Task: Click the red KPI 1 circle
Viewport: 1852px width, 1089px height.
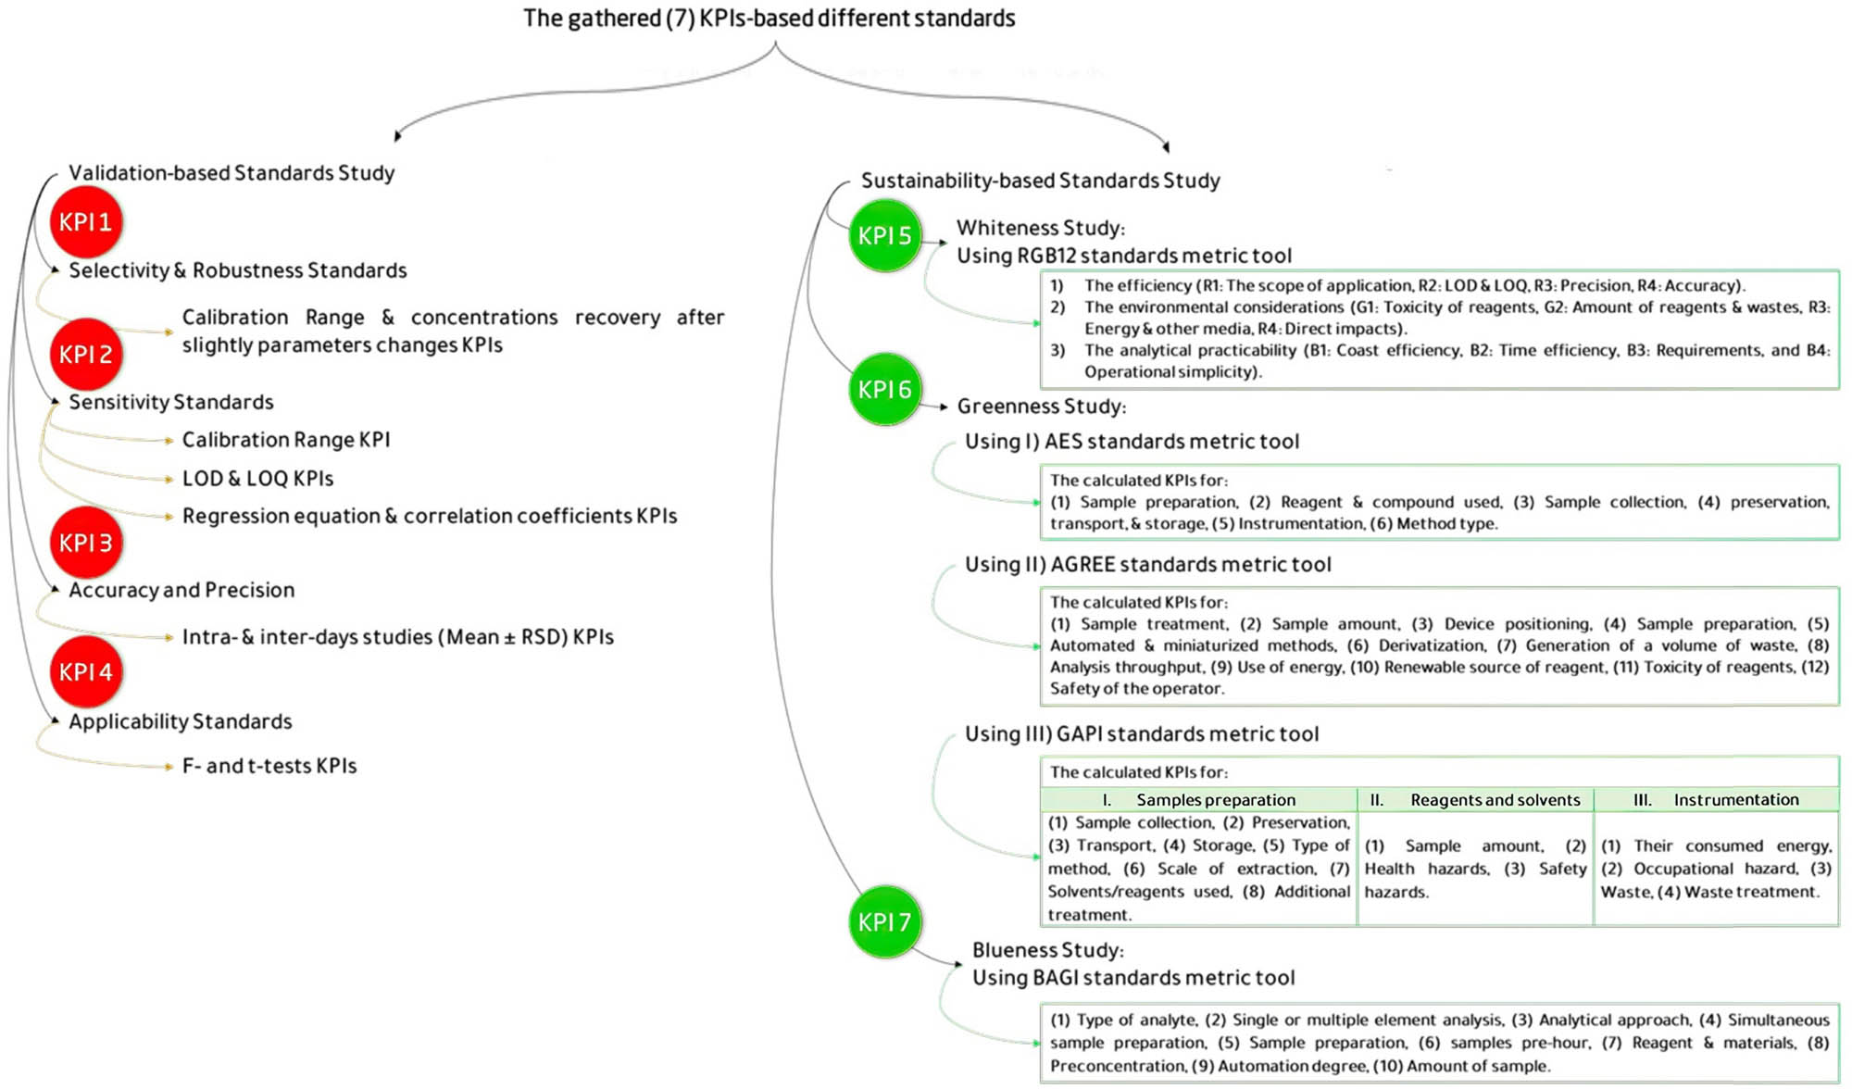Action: pos(86,222)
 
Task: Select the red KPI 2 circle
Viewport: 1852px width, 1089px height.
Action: pos(86,354)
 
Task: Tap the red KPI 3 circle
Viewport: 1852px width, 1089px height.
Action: pos(86,543)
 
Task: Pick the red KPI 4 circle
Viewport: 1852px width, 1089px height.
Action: pos(86,671)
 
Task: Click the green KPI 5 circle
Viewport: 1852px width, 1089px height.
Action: pos(884,236)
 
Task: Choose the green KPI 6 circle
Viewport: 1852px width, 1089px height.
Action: pos(884,390)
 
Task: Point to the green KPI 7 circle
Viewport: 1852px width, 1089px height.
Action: pos(884,922)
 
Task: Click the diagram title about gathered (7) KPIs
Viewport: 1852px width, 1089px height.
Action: pos(769,19)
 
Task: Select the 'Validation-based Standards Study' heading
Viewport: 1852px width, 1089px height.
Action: pos(231,173)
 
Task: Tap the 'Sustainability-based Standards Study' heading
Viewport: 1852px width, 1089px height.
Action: pos(1040,181)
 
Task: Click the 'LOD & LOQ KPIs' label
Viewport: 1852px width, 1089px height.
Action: pos(257,479)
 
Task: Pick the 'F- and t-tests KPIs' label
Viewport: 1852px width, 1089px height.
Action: pos(269,766)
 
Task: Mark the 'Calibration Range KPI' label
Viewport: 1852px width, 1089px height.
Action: pos(285,440)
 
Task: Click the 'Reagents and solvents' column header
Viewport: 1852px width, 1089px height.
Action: pos(1495,800)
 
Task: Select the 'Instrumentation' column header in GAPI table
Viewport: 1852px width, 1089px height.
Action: pos(1735,800)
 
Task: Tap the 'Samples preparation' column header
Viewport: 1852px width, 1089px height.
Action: pos(1215,800)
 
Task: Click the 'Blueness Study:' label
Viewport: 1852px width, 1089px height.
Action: pos(1047,950)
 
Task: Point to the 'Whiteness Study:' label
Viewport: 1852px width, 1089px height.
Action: pos(1040,228)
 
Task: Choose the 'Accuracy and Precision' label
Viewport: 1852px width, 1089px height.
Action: pos(181,591)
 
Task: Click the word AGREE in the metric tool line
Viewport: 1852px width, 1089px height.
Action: pos(1084,565)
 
